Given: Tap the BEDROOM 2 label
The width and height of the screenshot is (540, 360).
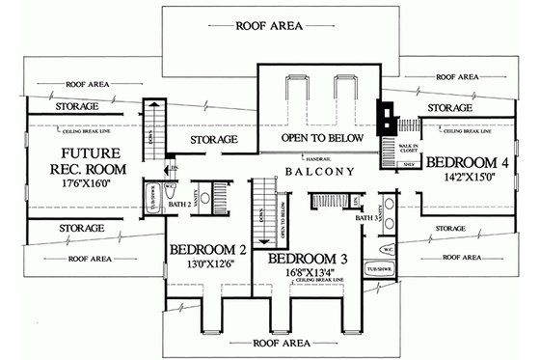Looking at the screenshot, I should (207, 251).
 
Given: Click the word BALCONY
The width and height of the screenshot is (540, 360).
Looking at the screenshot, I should (312, 171).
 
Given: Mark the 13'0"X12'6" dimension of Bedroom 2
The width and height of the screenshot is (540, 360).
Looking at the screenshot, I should (207, 267).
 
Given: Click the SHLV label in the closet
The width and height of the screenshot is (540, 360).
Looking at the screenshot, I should (406, 165).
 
